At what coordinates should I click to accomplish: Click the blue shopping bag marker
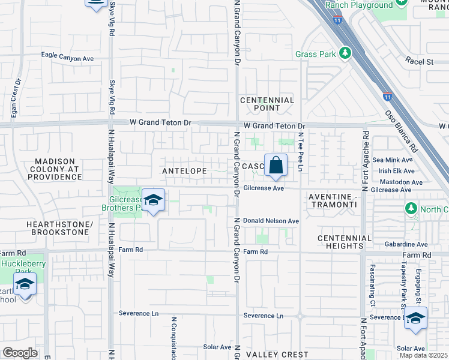[x=276, y=165]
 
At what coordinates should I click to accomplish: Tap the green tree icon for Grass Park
[x=345, y=54]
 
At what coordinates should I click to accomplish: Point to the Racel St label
[x=419, y=61]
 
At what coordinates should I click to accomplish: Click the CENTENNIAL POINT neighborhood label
[x=267, y=104]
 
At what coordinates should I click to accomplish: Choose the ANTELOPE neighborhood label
[x=184, y=171]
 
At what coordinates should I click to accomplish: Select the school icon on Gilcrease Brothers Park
[x=153, y=201]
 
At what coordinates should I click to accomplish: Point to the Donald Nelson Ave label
[x=271, y=221]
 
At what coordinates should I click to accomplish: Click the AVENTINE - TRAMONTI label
[x=333, y=201]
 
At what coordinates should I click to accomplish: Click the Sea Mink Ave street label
[x=393, y=160]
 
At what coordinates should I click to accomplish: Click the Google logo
[x=19, y=353]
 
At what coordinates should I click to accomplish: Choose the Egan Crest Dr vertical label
[x=13, y=99]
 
